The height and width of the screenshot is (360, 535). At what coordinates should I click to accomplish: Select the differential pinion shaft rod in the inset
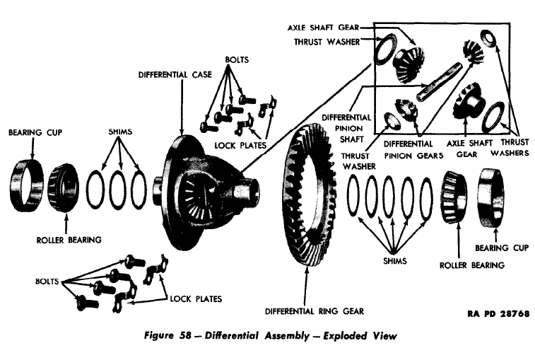click(438, 81)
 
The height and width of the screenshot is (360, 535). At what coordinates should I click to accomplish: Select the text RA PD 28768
click(498, 313)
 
